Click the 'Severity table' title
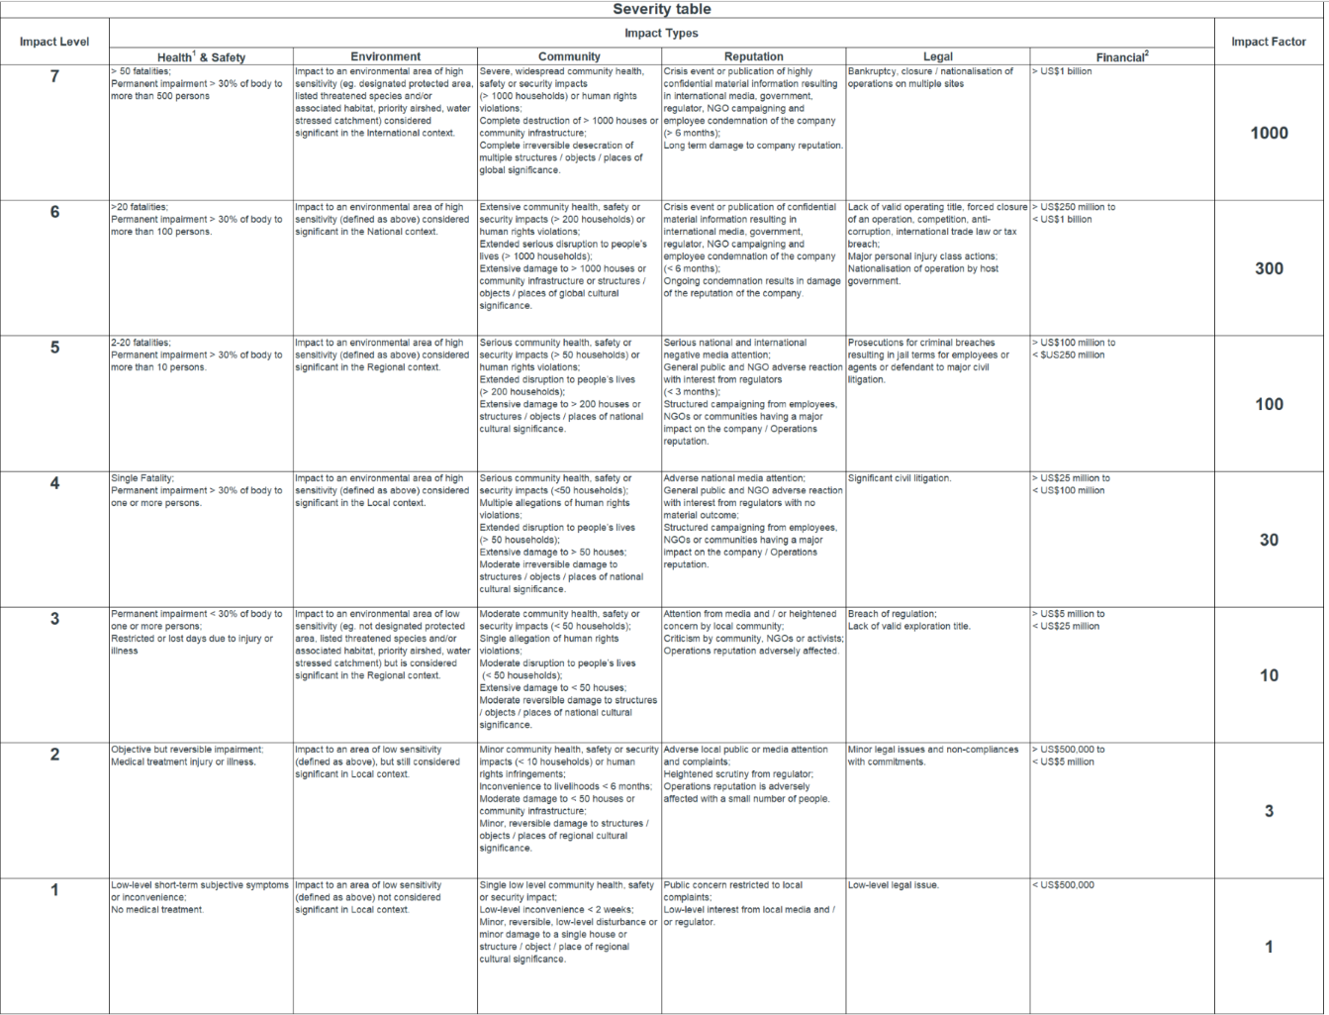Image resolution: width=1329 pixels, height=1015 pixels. (661, 10)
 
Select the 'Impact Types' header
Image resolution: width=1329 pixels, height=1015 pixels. (661, 34)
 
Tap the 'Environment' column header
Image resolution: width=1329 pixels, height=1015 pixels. (385, 57)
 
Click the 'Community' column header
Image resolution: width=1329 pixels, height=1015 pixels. (569, 57)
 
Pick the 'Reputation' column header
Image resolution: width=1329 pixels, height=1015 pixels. (753, 57)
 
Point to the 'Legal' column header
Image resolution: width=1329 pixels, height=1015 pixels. (937, 57)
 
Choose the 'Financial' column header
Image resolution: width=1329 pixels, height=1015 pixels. (1121, 57)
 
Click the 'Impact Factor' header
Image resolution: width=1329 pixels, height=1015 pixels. (1269, 42)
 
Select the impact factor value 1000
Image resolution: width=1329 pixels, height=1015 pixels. (1269, 134)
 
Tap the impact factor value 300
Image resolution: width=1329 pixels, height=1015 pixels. (1269, 269)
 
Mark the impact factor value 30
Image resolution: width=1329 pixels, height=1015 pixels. (1269, 541)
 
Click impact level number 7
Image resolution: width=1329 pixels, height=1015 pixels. (54, 77)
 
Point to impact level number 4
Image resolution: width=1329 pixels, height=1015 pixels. (54, 484)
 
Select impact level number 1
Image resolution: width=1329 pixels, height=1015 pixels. (54, 890)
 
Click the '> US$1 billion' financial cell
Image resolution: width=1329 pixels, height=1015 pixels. (1063, 72)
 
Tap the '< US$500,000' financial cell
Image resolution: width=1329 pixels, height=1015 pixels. (1063, 885)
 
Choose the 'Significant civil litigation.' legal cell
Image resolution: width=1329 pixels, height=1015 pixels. (900, 478)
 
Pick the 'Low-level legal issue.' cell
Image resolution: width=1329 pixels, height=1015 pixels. (894, 885)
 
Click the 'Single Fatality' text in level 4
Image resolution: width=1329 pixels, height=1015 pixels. (142, 478)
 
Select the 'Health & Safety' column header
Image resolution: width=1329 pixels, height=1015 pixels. (201, 57)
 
